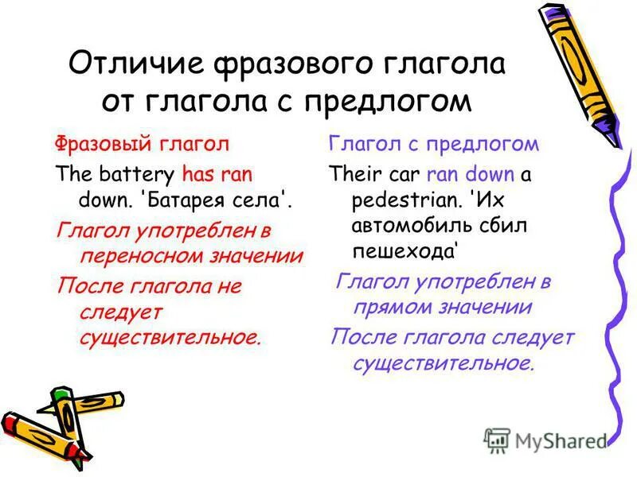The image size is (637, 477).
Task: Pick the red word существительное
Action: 170,336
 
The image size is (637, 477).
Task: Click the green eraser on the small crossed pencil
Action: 64,394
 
